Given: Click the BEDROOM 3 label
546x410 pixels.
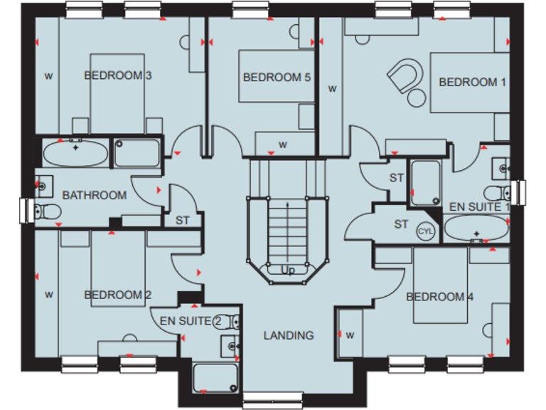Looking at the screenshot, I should pos(118,75).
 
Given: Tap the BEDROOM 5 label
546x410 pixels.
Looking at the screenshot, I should pos(277,77).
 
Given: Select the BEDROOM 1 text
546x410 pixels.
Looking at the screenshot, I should pos(472,83).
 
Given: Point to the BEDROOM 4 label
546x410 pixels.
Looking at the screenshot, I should pos(439,297).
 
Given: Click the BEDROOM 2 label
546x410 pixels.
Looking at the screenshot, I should pos(118,295).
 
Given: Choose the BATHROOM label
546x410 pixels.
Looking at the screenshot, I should pos(95,195).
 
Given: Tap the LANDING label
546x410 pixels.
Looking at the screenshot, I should pos(289,335).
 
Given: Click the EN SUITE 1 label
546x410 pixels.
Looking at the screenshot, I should pos(480,207).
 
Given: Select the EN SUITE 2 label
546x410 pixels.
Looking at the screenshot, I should pos(186,322).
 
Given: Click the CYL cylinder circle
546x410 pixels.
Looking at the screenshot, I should pos(425,231).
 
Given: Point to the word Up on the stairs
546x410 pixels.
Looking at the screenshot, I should pos(288,271).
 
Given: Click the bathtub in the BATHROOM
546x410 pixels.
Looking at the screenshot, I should pos(75,152).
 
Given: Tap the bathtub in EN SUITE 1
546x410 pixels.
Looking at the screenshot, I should pos(476,230).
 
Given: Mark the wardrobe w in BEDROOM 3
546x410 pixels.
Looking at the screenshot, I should pos(49,75).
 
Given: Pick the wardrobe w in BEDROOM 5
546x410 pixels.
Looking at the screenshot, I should pos(282,145).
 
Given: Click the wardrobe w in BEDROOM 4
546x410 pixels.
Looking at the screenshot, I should pos(350,335).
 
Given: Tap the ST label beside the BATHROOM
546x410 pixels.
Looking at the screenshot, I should pos(183,221).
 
